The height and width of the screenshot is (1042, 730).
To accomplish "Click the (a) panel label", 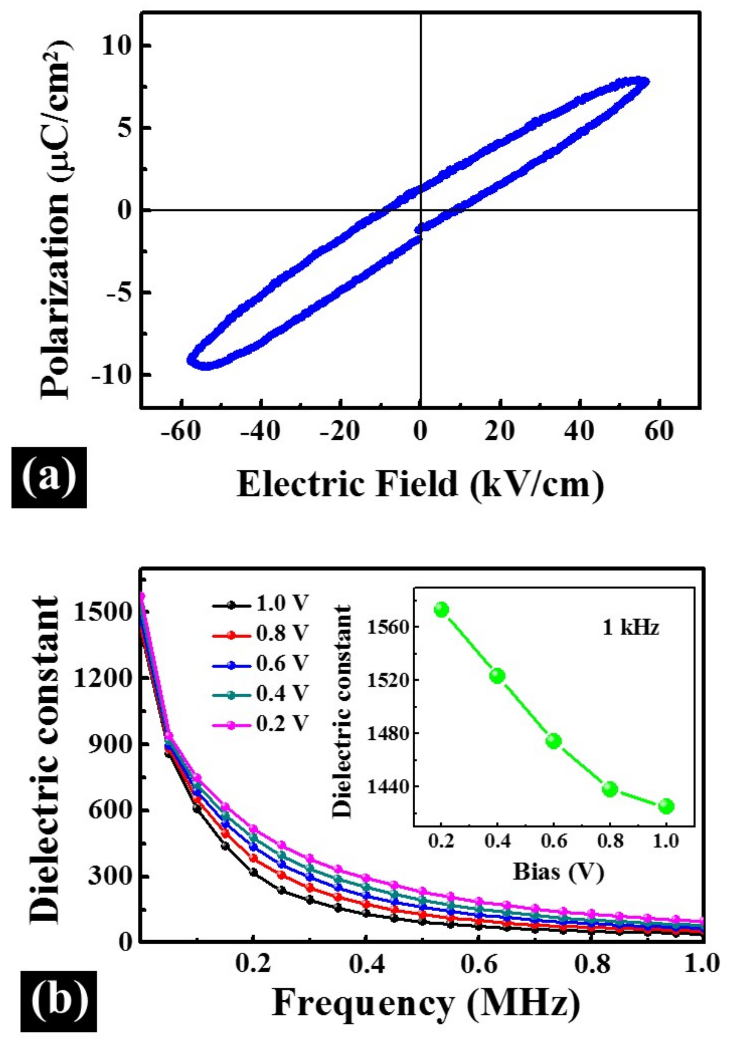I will click(48, 478).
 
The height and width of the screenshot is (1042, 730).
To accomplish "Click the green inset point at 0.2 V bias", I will click(442, 610).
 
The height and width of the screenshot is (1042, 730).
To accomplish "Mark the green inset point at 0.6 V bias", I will click(553, 741).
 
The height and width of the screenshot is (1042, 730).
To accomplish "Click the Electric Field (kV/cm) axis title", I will click(420, 485).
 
